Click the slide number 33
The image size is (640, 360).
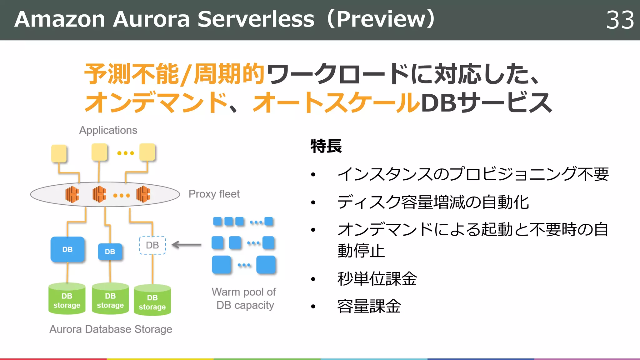pos(620,20)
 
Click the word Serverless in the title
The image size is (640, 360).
pos(256,19)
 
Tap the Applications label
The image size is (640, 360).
pos(108,130)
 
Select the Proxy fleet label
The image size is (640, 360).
pos(214,194)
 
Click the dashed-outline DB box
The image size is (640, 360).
pos(152,245)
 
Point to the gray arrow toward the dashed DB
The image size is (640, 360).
pos(187,245)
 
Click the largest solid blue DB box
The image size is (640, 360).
pos(67,249)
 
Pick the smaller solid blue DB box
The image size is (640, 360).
pos(110,252)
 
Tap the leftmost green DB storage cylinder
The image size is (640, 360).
pos(67,299)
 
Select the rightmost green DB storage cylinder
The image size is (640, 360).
pos(152,301)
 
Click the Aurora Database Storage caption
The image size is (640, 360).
pos(111,329)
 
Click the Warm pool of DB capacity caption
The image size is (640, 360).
pos(244,298)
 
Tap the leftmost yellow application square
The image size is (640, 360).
pos(59,153)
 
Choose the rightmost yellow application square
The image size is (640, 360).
pos(147,152)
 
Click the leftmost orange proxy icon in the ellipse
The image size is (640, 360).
pos(72,194)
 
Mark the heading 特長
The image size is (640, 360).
pos(326,146)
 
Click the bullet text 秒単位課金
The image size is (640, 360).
pos(377,279)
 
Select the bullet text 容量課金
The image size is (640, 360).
pos(369,306)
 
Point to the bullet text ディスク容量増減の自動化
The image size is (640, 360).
pos(433,202)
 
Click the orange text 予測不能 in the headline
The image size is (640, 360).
pos(131,74)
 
